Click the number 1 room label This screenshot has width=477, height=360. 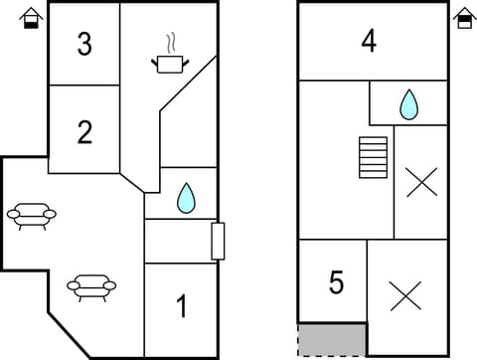tap(181, 306)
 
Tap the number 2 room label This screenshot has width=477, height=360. tap(84, 132)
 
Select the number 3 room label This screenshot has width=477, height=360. tap(84, 45)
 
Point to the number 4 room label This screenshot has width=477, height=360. tap(369, 43)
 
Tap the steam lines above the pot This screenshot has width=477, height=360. tap(172, 43)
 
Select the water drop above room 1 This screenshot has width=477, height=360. tap(186, 198)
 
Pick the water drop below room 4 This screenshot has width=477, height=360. tap(408, 103)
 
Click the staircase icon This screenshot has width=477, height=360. tap(373, 157)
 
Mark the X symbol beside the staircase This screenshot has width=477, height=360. tap(421, 182)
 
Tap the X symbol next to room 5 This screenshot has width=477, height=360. tap(405, 295)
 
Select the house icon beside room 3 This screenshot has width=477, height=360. tap(32, 19)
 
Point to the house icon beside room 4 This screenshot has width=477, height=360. tap(464, 19)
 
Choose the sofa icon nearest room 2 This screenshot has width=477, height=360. tap(31, 215)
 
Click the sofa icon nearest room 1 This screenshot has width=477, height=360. tap(91, 287)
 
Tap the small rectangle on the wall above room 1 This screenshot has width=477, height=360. tap(218, 241)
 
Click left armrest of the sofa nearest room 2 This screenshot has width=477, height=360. tap(12, 213)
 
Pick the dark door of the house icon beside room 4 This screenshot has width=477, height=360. tap(464, 23)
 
